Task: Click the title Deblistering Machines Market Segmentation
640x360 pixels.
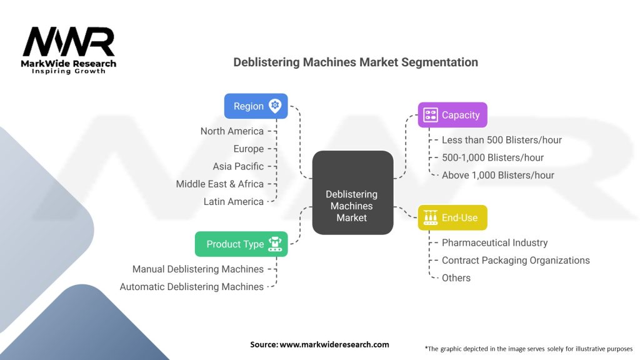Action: click(x=356, y=62)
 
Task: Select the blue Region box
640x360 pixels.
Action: click(x=256, y=106)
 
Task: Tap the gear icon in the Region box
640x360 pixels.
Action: click(x=275, y=106)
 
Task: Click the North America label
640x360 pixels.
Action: click(x=232, y=131)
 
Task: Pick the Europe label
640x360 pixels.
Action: click(x=249, y=149)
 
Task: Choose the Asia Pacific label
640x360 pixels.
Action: click(x=238, y=166)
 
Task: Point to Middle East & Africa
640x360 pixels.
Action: click(x=220, y=184)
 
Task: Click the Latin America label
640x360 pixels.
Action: click(x=234, y=201)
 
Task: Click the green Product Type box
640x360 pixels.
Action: click(x=241, y=244)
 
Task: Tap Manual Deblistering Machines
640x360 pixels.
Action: click(x=198, y=269)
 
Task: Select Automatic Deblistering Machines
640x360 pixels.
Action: click(x=192, y=287)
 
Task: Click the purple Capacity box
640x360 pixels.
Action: click(x=452, y=115)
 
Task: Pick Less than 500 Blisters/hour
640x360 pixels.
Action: click(x=502, y=140)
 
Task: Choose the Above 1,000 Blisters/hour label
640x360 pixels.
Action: click(x=498, y=175)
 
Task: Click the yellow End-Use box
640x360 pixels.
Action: click(x=452, y=217)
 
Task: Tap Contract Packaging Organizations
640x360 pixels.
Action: click(x=516, y=260)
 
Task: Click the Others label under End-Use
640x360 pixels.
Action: click(x=456, y=277)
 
